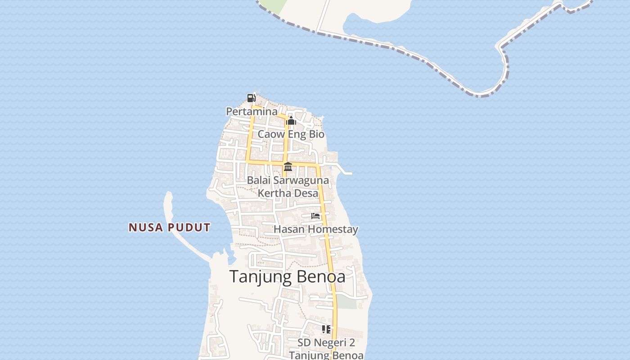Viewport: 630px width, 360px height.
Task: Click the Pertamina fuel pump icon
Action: pos(251,98)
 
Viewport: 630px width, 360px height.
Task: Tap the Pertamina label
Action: pos(252,111)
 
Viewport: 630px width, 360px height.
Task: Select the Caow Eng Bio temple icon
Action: pos(291,121)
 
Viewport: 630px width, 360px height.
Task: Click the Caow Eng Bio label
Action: pos(291,134)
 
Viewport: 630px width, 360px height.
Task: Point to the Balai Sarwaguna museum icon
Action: pos(288,167)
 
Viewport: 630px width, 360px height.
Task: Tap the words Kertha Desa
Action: pos(288,193)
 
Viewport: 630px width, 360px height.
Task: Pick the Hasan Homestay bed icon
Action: pos(315,216)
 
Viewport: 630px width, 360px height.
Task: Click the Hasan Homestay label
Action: pos(316,229)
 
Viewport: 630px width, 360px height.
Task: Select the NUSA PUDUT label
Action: pos(169,228)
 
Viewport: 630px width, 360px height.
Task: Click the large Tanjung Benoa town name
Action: pos(288,276)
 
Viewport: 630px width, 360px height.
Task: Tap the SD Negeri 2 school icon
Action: pos(326,329)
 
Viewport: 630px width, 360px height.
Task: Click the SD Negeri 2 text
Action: pos(326,342)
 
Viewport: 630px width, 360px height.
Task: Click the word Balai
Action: pos(258,181)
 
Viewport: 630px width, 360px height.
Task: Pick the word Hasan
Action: pos(286,229)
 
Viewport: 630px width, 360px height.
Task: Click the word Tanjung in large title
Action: pos(261,276)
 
